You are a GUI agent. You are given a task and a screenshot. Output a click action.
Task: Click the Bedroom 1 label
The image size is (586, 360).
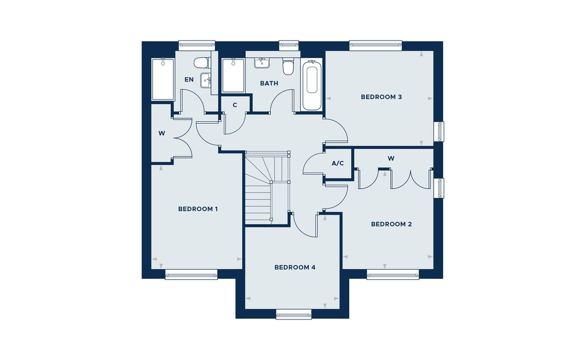(x=198, y=209)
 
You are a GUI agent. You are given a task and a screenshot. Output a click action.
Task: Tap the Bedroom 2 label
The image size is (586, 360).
(x=391, y=224)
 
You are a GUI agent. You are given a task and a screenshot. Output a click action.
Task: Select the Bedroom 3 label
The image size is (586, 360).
(x=381, y=97)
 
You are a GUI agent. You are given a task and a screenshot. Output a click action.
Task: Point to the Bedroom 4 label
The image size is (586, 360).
(x=295, y=267)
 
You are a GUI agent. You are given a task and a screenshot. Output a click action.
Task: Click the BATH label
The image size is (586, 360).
(x=269, y=84)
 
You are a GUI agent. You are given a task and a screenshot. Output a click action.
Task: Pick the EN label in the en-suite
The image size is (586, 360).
(x=189, y=80)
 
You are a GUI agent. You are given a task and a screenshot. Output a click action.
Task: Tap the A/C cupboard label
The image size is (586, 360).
(x=337, y=164)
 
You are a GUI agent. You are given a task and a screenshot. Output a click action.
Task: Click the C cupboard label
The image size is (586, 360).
(x=235, y=105)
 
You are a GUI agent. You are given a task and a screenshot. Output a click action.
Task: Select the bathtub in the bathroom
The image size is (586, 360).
(x=312, y=85)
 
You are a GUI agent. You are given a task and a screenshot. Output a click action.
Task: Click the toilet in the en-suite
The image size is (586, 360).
(x=201, y=63)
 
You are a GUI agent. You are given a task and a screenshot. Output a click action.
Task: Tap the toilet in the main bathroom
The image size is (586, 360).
(x=288, y=67)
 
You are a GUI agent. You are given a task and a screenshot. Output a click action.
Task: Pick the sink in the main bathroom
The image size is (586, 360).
(x=262, y=63)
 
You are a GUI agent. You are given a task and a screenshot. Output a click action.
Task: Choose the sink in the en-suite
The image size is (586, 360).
(x=206, y=81)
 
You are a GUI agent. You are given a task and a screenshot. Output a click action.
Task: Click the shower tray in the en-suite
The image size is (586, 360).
(x=163, y=79)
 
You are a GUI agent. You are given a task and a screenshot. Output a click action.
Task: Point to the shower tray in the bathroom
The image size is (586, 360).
(x=233, y=76)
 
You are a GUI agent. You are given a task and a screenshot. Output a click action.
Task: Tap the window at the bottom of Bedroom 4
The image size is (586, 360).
(x=294, y=314)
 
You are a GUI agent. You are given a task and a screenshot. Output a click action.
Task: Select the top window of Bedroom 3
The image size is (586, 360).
(x=376, y=46)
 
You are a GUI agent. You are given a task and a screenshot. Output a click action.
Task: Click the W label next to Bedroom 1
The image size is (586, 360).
(x=162, y=133)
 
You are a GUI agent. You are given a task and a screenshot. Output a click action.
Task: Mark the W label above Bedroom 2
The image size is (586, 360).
(x=391, y=159)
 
